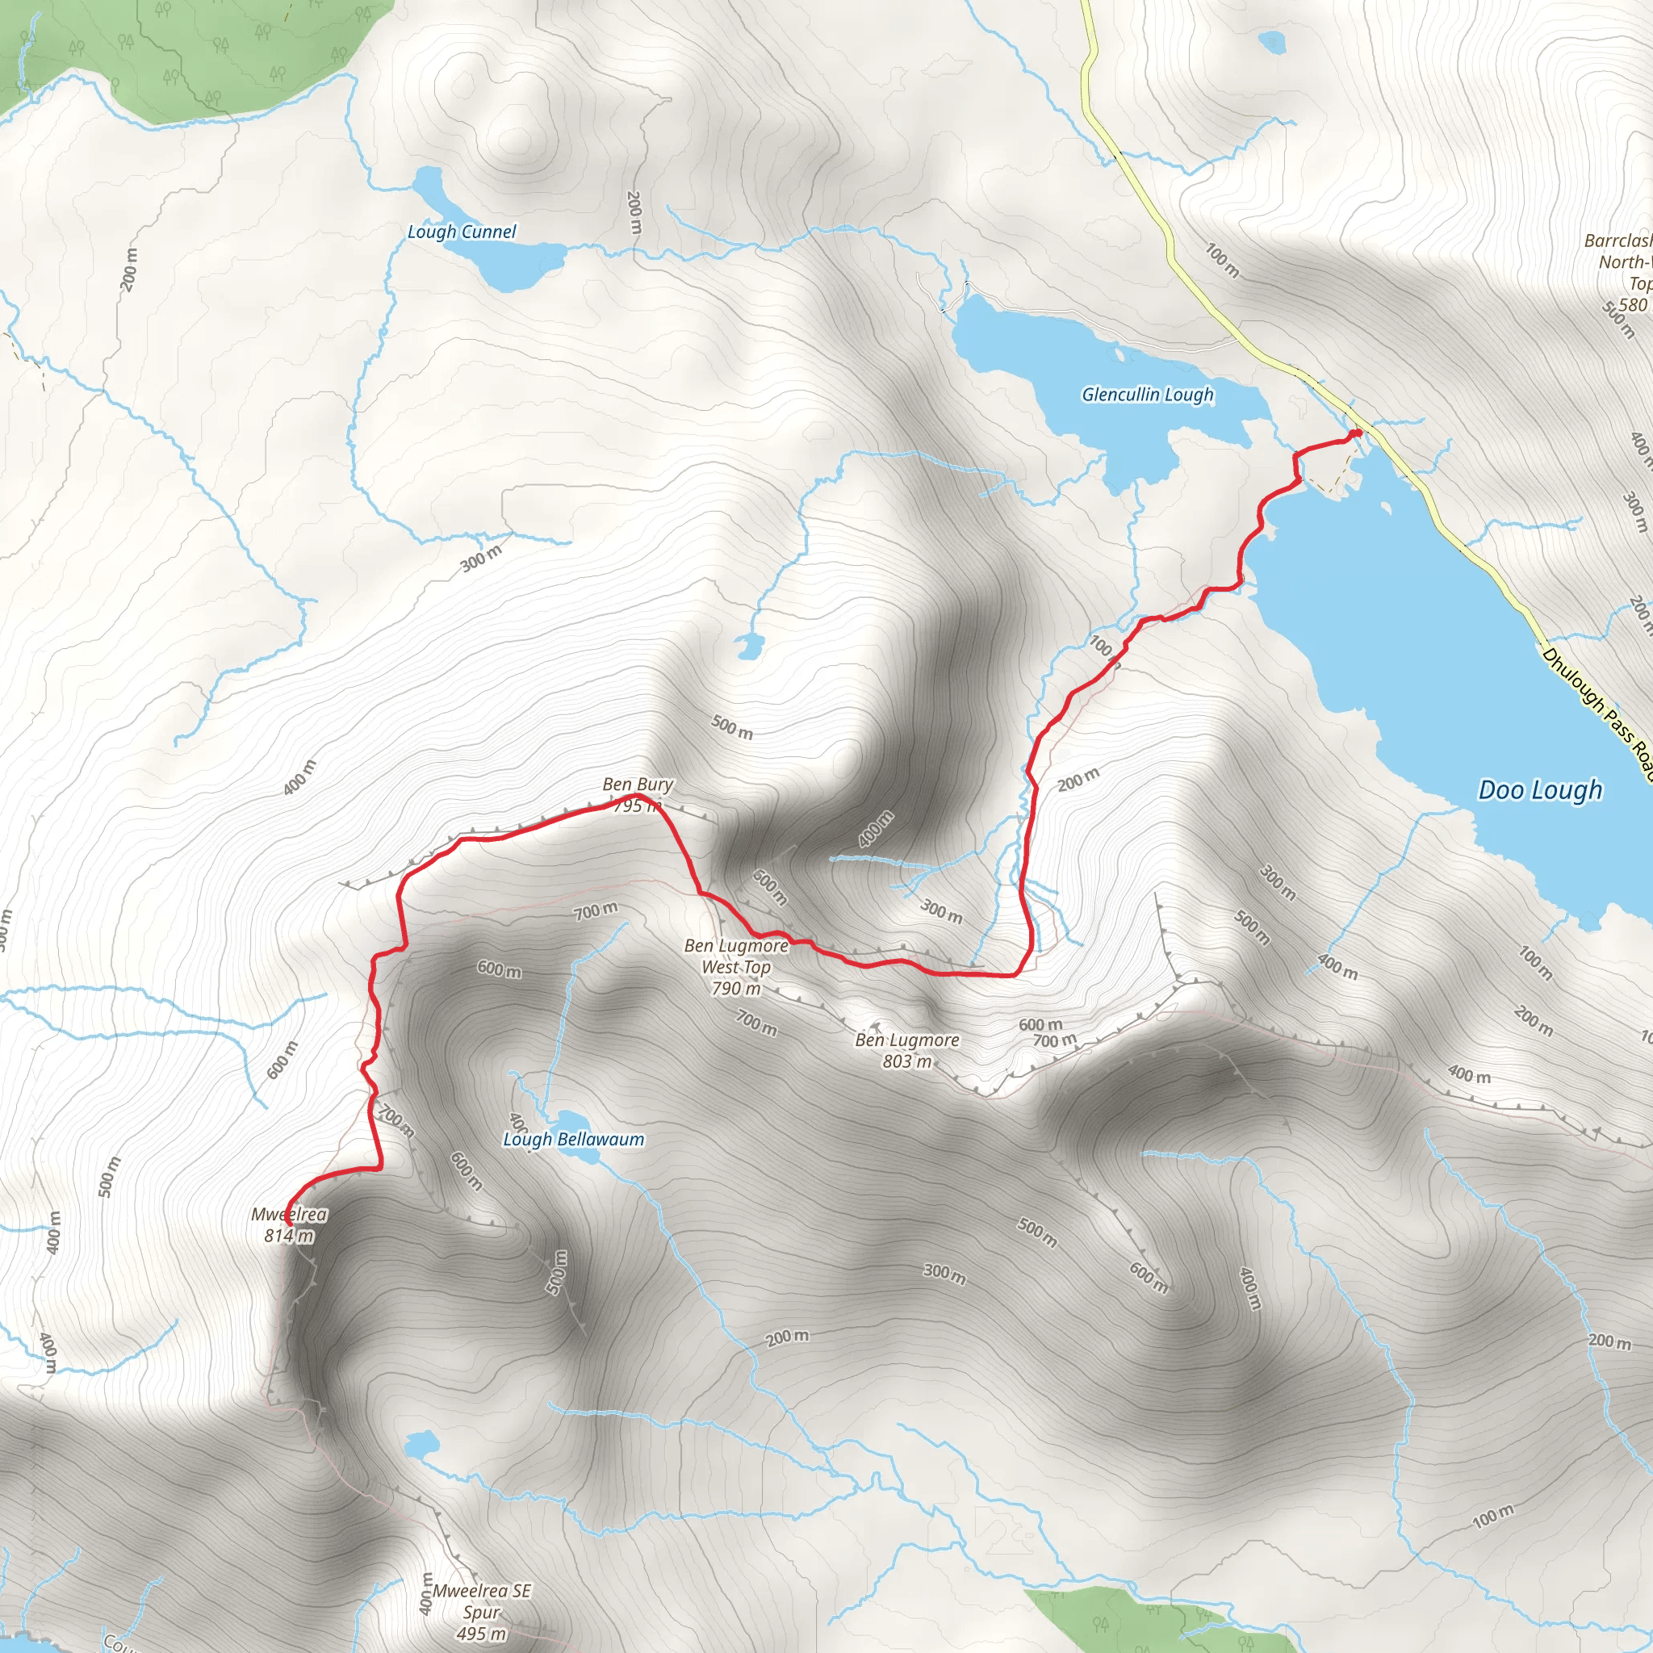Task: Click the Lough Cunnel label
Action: point(461,232)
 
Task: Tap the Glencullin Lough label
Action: point(1148,395)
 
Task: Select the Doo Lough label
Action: point(1540,789)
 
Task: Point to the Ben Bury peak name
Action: point(638,784)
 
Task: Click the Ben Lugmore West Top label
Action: point(736,956)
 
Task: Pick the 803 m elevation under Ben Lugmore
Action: point(907,1062)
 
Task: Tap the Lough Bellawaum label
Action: point(573,1139)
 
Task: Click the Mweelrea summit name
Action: point(289,1214)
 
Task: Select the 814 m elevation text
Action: point(289,1236)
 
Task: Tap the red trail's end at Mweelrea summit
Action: point(286,1224)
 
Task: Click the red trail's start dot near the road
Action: point(1358,433)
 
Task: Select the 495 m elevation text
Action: point(482,1634)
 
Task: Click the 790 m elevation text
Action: point(736,988)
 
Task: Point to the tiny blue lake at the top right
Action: point(1272,41)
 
